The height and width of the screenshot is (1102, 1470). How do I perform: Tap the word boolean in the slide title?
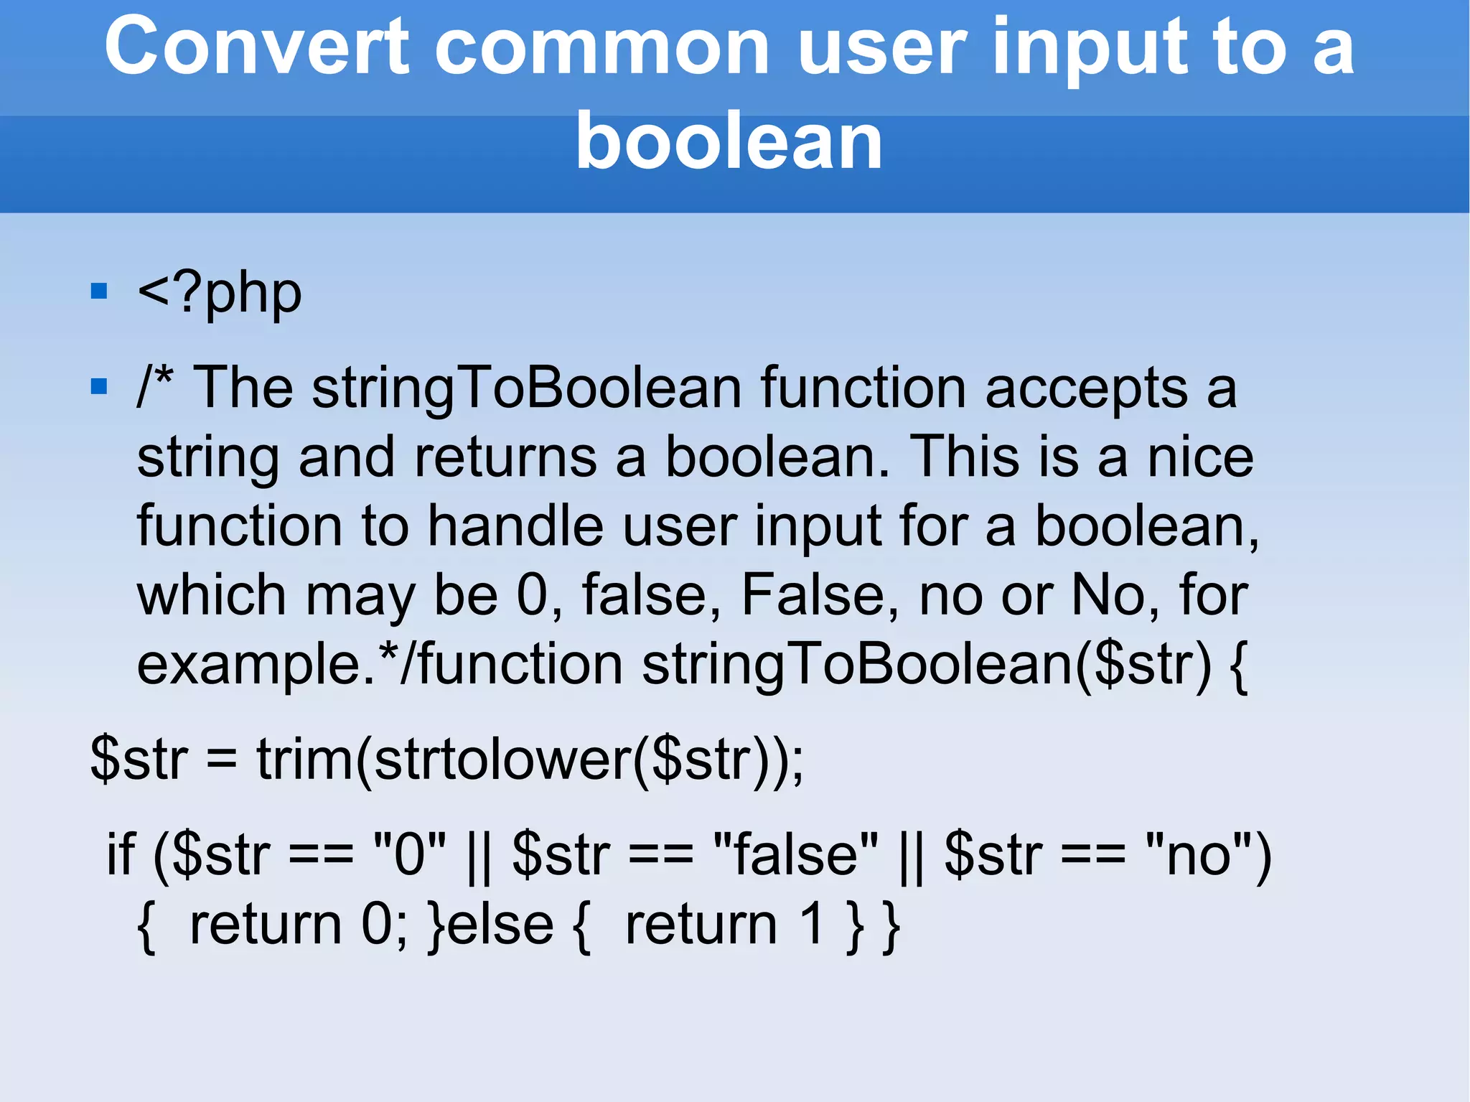click(x=729, y=142)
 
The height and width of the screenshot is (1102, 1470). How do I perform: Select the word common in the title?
click(x=602, y=47)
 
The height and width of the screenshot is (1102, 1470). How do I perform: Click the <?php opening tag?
click(x=219, y=294)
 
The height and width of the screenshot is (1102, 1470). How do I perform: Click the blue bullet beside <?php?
click(x=99, y=291)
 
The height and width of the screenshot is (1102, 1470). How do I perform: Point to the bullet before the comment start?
click(x=99, y=387)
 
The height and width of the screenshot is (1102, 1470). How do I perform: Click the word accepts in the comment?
click(x=1086, y=389)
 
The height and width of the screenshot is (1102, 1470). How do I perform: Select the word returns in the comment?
click(x=505, y=457)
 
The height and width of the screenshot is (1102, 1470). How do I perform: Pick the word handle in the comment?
click(x=515, y=526)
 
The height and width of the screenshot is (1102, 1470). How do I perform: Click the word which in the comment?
click(x=212, y=595)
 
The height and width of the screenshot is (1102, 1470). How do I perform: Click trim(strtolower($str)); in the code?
click(x=530, y=760)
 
